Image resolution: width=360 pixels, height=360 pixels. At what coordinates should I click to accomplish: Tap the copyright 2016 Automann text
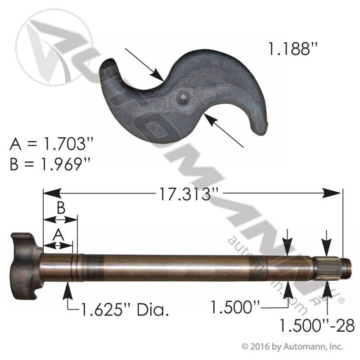pos(292,346)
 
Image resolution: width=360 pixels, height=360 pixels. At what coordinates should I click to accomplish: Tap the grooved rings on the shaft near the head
pos(76,268)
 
